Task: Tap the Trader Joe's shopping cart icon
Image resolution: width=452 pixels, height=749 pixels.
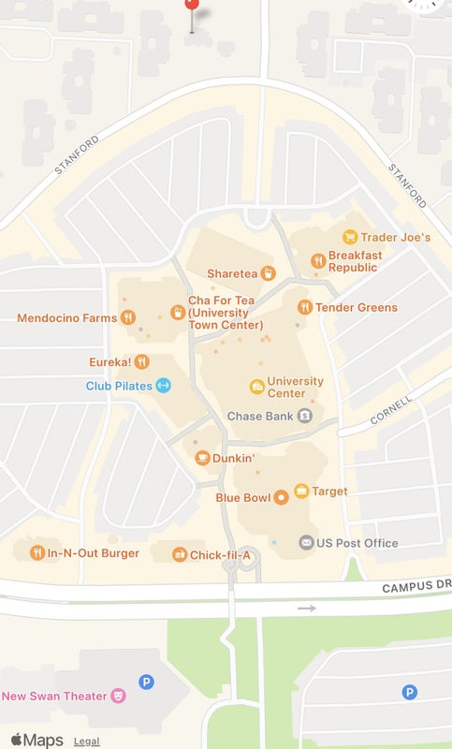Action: pos(350,237)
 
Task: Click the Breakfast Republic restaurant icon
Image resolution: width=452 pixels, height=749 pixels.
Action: pos(318,260)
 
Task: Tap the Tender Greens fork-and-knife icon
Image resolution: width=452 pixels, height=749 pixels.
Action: pos(304,307)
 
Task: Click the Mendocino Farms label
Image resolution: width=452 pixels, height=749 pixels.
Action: pos(67,318)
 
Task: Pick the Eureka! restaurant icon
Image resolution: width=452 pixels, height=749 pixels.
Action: pos(141,360)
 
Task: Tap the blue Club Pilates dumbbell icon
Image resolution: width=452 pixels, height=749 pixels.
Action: pos(163,385)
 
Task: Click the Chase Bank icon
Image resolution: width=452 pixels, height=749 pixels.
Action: pos(304,416)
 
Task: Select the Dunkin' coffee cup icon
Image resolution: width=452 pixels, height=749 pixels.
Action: pos(201,458)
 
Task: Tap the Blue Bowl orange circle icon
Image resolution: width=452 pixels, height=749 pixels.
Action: pos(280,497)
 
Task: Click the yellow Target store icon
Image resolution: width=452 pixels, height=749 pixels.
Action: pos(301,491)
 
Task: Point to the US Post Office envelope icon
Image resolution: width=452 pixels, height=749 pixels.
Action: pos(305,542)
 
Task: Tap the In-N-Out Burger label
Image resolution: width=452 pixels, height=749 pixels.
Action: pos(93,553)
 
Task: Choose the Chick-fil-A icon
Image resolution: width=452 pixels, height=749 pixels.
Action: pos(179,555)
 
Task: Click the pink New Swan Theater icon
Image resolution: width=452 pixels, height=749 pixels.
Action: pos(118,696)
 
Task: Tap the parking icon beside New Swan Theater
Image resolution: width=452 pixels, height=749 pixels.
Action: pos(146,683)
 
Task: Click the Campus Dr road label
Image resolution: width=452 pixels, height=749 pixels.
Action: pos(416,587)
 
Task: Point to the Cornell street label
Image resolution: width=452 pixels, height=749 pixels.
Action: pos(391,408)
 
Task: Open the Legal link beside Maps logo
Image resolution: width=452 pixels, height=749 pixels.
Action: pos(87,742)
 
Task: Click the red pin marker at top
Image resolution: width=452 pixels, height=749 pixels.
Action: pos(192,4)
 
